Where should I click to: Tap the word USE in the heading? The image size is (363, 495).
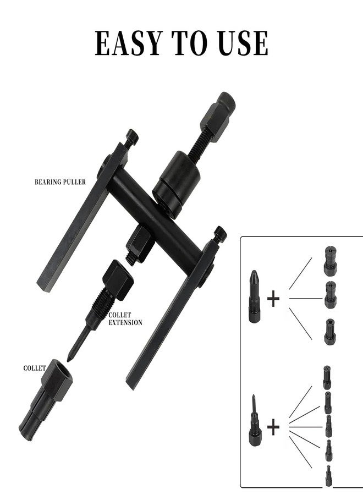243,43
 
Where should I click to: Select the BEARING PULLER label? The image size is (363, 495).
60,182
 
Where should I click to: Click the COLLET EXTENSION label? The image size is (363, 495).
125,319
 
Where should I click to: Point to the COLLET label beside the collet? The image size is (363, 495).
35,368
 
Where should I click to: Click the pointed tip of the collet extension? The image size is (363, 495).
68,360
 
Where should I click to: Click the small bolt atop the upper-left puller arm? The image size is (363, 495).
132,137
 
